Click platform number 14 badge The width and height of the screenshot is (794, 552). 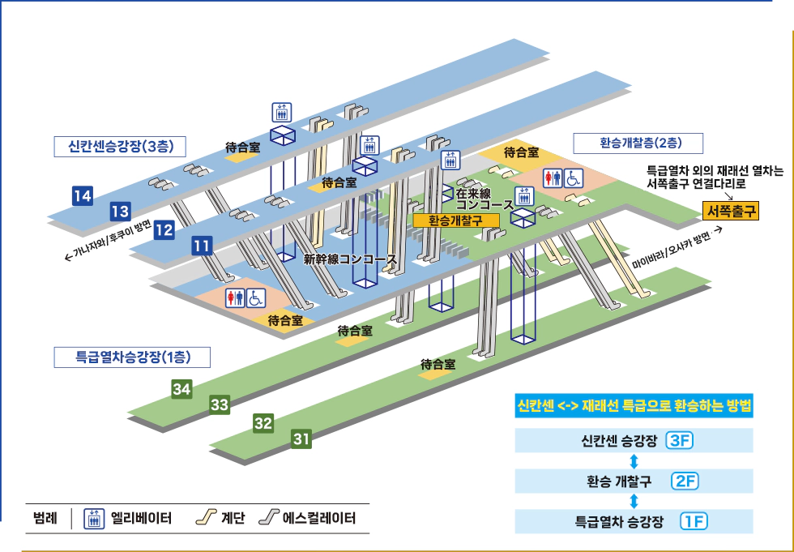(82, 195)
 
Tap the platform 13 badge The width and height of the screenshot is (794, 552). (120, 212)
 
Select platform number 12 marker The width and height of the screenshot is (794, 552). (164, 230)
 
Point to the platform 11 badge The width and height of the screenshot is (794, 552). (203, 246)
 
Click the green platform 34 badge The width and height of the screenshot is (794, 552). (181, 390)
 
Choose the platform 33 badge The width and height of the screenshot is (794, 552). (220, 404)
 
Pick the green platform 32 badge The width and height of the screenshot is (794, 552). (263, 423)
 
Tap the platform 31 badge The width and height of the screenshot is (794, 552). (301, 440)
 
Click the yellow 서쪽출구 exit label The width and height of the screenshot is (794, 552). (731, 211)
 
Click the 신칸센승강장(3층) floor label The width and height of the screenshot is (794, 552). (121, 147)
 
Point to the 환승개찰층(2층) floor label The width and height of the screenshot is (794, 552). (638, 143)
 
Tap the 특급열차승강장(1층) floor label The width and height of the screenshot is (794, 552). (132, 357)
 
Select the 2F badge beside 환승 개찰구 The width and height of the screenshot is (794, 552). (685, 481)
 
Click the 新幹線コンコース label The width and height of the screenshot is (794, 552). (350, 260)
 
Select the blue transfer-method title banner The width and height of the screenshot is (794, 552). (634, 406)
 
